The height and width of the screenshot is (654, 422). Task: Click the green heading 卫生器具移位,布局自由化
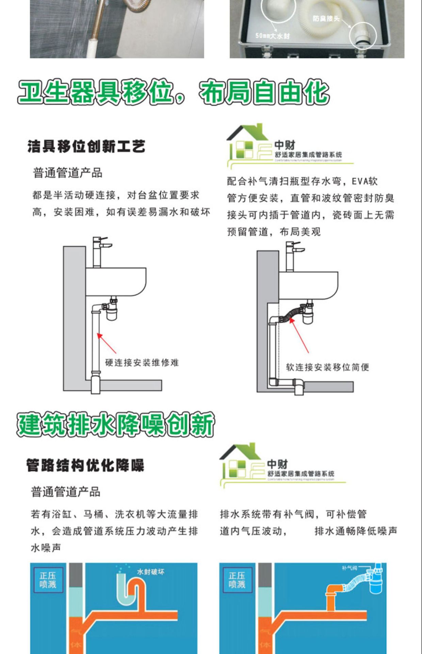pos(174,92)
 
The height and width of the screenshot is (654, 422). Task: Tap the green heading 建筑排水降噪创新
pos(116,424)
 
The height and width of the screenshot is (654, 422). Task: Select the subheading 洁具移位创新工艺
pos(86,146)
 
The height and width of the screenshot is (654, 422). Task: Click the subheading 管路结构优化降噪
pos(85,465)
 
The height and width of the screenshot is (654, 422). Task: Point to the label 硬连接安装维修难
pos(142,362)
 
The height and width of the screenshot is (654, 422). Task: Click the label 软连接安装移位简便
pos(327,367)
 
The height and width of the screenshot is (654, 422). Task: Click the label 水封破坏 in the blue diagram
pos(150,572)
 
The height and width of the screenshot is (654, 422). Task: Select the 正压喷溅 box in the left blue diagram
pos(48,580)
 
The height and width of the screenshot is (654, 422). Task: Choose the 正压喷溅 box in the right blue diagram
pos(237,580)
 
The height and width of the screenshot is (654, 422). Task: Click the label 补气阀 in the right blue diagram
pos(350,568)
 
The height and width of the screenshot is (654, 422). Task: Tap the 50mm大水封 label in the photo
pos(272,36)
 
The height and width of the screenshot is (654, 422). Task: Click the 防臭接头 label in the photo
pos(326,18)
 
